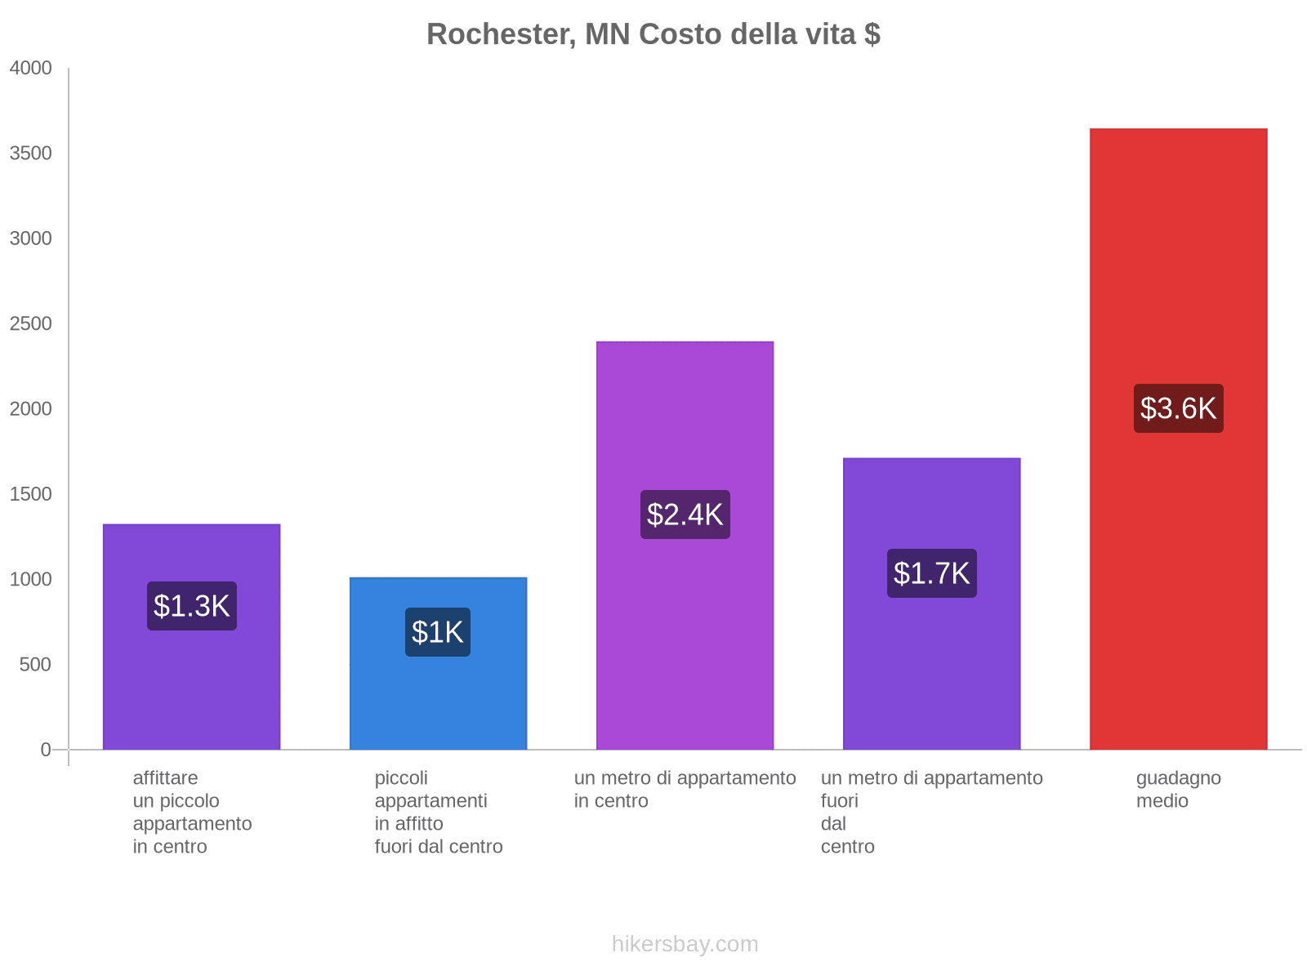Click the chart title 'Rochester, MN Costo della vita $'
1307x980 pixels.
[653, 34]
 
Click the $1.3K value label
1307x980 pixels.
[192, 606]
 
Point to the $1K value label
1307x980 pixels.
[438, 632]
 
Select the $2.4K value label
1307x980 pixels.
[685, 514]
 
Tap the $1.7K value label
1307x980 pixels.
[931, 573]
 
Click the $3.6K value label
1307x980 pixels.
[1178, 408]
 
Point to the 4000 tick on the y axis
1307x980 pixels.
[31, 69]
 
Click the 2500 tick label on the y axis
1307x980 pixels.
[31, 324]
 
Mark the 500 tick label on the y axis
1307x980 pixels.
[36, 665]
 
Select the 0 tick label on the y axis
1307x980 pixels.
[46, 750]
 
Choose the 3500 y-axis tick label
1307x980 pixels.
[31, 154]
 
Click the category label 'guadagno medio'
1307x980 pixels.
[1178, 789]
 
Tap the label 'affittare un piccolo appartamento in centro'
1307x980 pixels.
[192, 812]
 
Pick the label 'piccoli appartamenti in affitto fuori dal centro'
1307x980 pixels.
[438, 812]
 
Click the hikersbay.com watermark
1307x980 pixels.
[685, 944]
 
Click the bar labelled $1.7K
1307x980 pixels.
[931, 670]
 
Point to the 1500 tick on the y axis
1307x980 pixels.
[31, 494]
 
